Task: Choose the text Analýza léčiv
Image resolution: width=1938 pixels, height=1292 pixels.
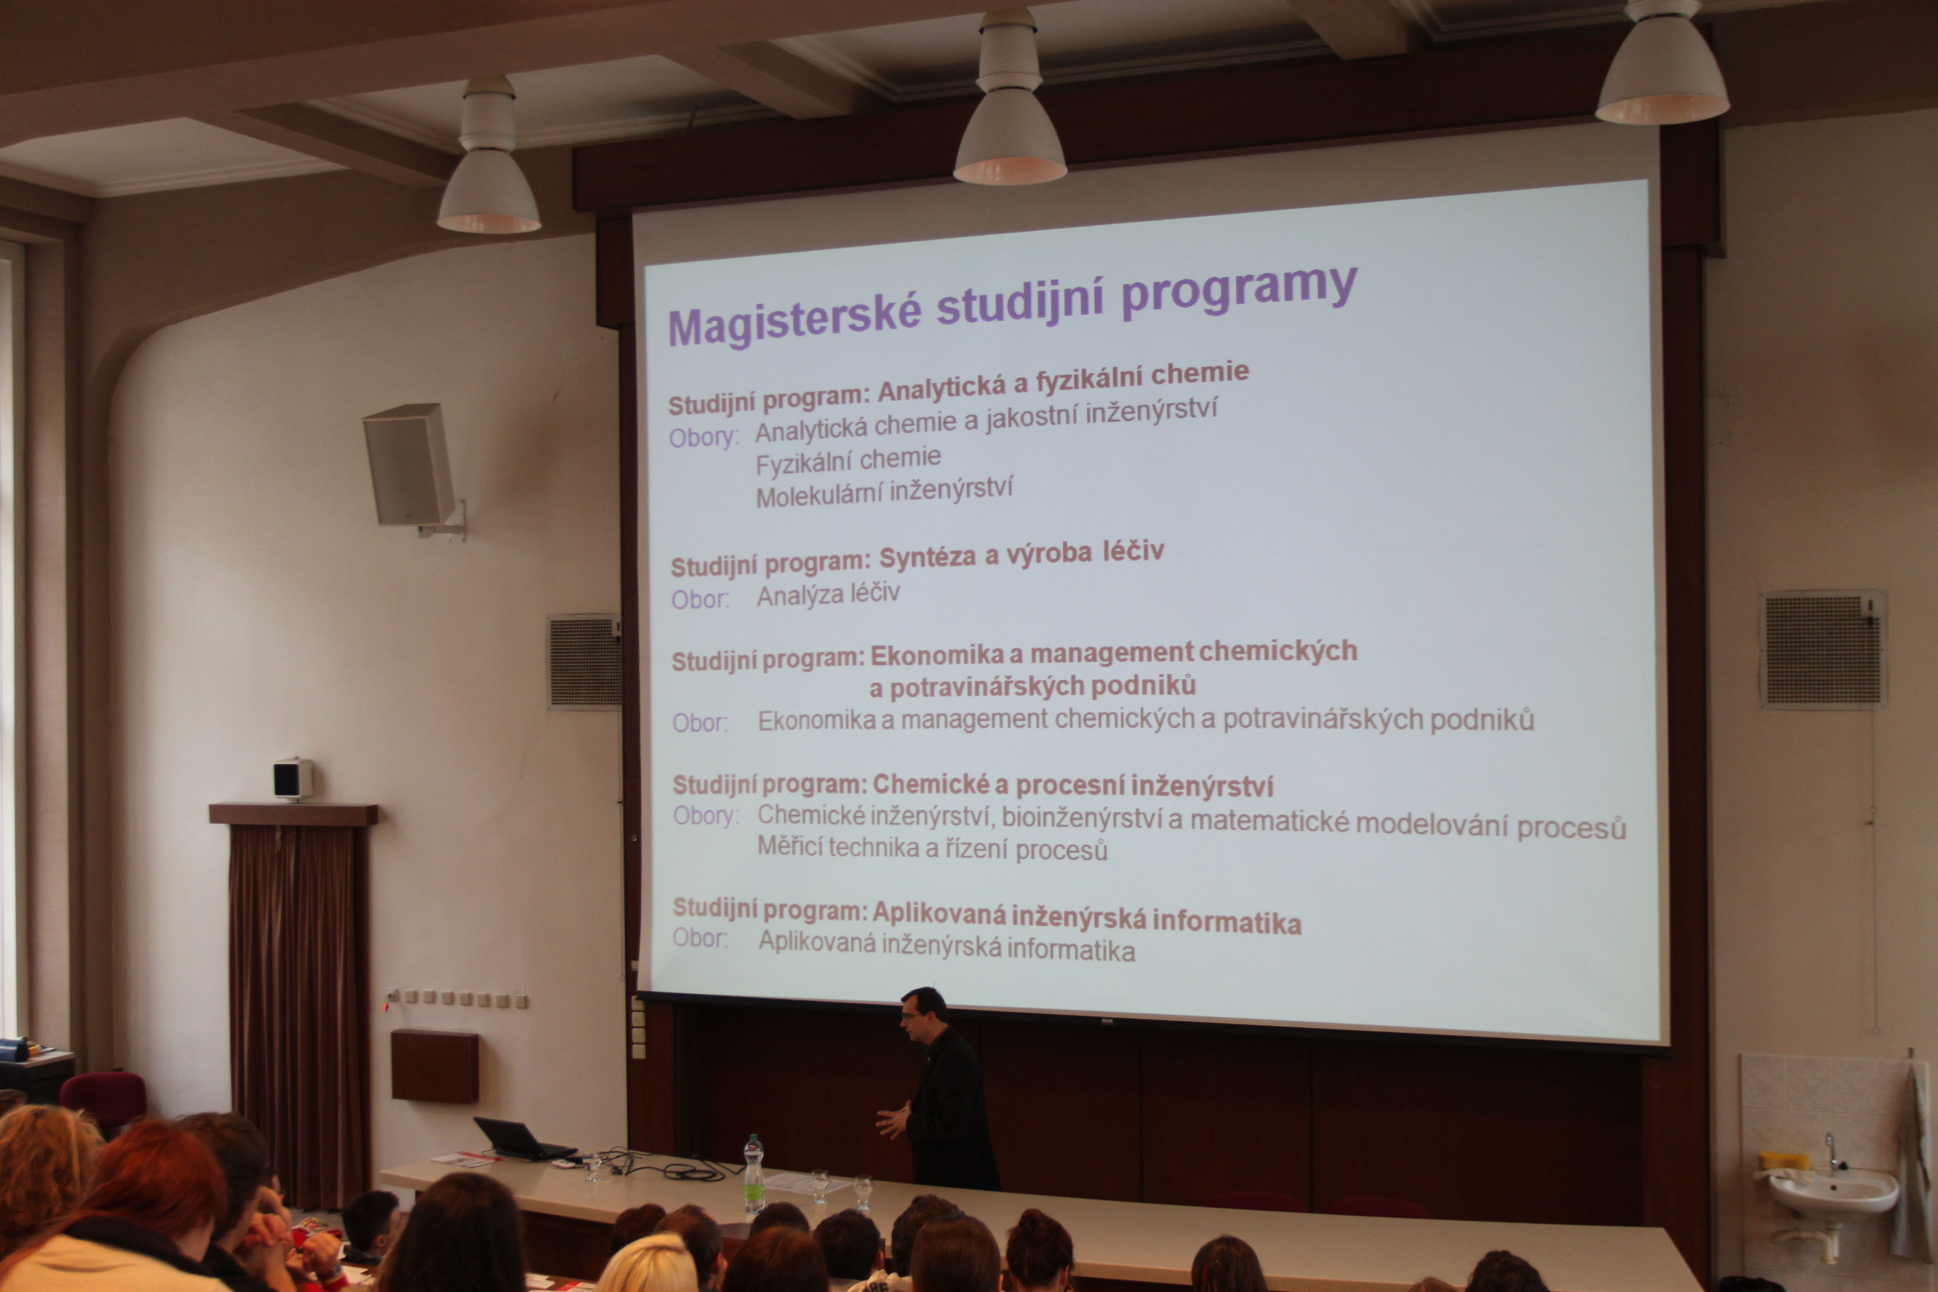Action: [828, 595]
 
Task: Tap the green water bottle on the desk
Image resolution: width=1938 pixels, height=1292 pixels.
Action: [753, 1174]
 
